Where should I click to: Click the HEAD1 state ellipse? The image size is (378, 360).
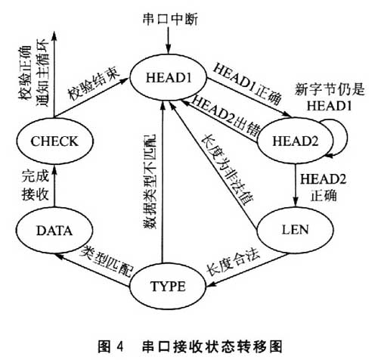point(168,78)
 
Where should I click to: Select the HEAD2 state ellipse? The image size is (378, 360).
point(295,141)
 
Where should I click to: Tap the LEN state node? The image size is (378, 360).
point(295,230)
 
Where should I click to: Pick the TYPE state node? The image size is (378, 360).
point(168,286)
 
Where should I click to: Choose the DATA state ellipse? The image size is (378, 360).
point(54,230)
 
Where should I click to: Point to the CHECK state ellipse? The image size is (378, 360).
point(54,141)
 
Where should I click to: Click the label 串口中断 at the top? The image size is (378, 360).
point(170,20)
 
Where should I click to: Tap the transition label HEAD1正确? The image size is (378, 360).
point(247,84)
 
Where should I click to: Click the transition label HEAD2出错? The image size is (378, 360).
point(226,116)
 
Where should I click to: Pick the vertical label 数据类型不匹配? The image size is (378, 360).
point(150,182)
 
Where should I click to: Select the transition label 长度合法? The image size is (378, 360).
point(233,263)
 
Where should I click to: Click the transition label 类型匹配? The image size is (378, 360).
point(107,261)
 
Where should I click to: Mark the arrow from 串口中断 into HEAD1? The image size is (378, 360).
point(168,40)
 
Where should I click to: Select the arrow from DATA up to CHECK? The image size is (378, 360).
point(54,186)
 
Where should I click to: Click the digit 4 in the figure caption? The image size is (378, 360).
point(120,347)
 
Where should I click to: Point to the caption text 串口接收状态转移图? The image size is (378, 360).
point(212,347)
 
